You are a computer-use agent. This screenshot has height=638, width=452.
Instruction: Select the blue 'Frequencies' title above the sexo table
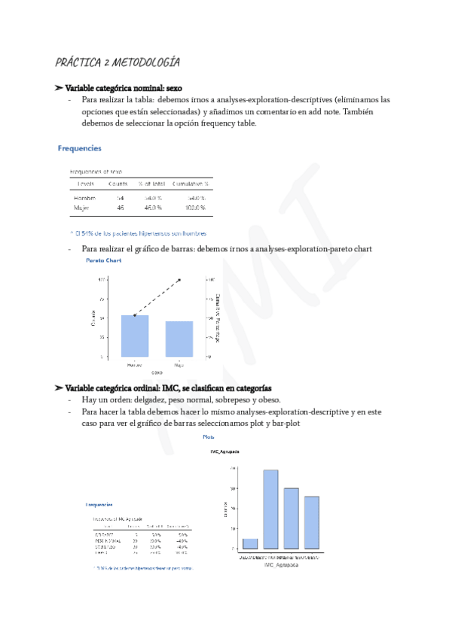coord(80,148)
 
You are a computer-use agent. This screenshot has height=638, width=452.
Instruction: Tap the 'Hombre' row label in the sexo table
coord(84,197)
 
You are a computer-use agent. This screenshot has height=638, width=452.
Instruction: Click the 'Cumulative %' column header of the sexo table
coord(190,184)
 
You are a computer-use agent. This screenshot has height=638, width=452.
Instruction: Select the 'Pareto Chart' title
coord(103,260)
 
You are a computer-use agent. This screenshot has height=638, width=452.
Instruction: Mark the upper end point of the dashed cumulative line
coord(180,280)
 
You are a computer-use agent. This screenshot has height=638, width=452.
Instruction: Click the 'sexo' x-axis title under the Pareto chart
coord(157,372)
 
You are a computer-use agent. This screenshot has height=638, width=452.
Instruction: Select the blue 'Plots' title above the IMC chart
coord(208,436)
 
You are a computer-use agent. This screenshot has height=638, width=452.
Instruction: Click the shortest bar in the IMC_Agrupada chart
coord(250,544)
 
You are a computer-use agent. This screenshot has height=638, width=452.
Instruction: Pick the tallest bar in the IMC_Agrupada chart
coord(270,509)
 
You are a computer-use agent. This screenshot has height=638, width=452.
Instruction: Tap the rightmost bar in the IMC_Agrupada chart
coord(312,522)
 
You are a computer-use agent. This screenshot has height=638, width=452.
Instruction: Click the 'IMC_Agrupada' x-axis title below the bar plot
coord(282,564)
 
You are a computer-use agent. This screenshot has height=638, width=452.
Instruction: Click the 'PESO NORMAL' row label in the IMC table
coord(102,539)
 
